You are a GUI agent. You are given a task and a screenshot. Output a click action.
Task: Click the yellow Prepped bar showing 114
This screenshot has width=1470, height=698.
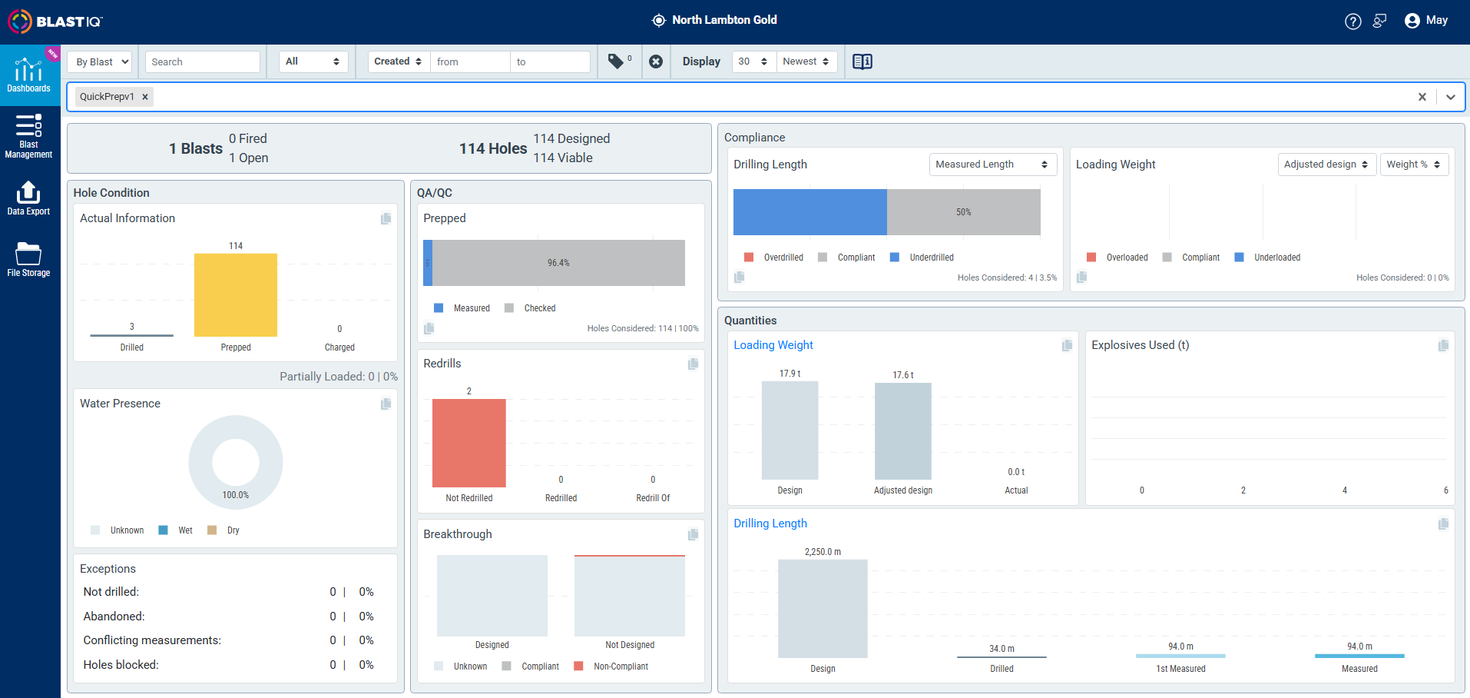(236, 295)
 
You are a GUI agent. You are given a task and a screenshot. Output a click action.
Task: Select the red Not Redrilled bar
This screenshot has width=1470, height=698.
(469, 443)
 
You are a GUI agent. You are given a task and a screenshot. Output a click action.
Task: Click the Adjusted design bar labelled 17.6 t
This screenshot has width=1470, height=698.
(903, 431)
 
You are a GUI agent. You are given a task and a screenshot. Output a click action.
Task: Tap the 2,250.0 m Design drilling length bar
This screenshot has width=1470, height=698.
(823, 609)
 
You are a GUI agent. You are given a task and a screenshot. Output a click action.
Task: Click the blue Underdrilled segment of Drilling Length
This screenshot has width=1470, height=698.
(810, 212)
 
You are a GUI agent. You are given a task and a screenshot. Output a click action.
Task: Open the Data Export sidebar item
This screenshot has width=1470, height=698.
(28, 198)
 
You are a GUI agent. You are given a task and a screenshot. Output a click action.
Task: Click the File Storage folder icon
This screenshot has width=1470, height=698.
(28, 254)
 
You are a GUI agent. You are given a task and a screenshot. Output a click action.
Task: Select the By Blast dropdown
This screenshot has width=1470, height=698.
(100, 61)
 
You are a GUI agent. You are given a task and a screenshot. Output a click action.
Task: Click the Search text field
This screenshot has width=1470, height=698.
(203, 61)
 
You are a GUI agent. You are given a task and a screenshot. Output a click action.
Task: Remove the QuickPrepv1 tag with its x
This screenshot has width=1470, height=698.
(145, 97)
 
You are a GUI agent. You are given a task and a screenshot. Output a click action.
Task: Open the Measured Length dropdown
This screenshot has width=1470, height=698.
(992, 165)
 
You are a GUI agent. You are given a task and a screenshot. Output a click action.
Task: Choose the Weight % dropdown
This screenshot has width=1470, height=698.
(1414, 165)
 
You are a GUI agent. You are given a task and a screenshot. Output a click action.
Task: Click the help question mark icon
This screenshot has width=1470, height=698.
(1353, 22)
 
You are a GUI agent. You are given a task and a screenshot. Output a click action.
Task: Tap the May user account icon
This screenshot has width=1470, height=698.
(1412, 21)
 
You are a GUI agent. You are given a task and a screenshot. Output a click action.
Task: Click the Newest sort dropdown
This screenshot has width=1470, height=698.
(806, 61)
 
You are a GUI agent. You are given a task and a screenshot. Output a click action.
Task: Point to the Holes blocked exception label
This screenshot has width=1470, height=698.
(121, 665)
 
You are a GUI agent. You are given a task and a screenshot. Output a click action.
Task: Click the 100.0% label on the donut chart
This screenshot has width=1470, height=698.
(236, 495)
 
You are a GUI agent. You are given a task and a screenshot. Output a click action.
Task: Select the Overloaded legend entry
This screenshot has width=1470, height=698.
(1117, 258)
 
